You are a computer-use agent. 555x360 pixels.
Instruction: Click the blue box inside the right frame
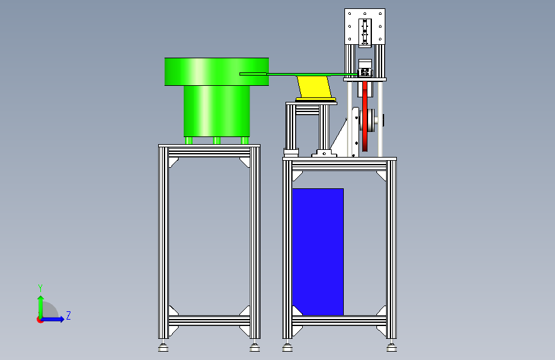pyautogui.click(x=318, y=252)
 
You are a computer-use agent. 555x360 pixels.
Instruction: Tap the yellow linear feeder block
pyautogui.click(x=315, y=87)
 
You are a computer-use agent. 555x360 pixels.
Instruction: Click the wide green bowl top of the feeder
pyautogui.click(x=216, y=72)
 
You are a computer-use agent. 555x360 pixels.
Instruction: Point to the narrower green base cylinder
pyautogui.click(x=216, y=111)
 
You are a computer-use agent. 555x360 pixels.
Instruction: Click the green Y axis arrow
pyautogui.click(x=41, y=307)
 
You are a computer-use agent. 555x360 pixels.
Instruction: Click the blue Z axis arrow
pyautogui.click(x=52, y=319)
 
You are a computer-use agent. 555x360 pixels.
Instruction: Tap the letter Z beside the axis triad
pyautogui.click(x=68, y=315)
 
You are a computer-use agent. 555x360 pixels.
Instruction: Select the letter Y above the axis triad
pyautogui.click(x=40, y=288)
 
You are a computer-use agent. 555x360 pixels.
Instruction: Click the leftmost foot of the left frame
pyautogui.click(x=163, y=347)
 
